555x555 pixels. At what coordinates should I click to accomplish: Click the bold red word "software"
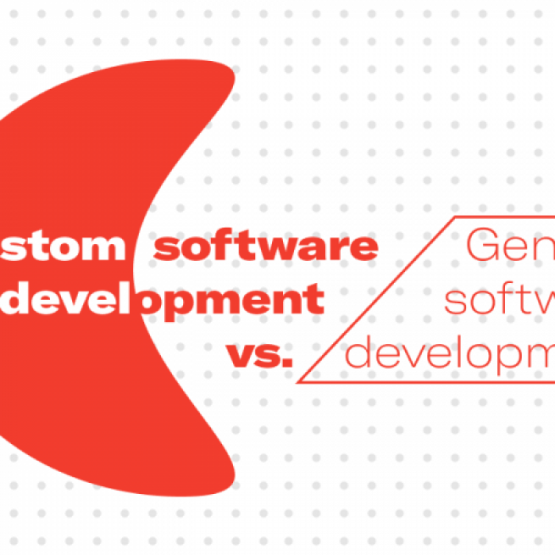click(266, 247)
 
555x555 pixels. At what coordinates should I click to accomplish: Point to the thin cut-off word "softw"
click(499, 300)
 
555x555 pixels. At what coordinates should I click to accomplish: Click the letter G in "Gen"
click(483, 247)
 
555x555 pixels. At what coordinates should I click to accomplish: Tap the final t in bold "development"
click(316, 300)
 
